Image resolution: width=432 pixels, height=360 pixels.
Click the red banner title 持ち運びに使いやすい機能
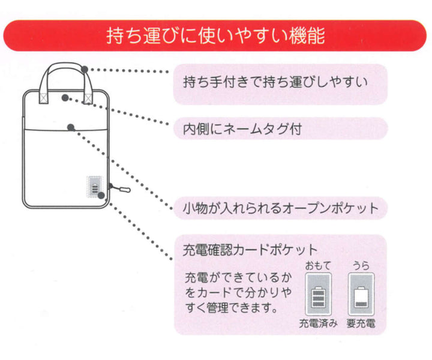tap(215, 35)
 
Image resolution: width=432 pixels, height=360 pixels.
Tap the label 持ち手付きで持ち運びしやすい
tap(274, 81)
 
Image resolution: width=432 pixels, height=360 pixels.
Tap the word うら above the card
tap(361, 265)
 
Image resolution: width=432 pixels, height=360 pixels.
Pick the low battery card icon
tap(361, 295)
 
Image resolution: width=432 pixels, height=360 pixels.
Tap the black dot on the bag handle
tap(85, 69)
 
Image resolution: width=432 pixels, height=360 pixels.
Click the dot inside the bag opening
tap(64, 97)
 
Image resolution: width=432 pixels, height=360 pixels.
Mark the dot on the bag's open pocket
tap(71, 127)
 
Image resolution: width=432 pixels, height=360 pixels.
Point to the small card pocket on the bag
tap(94, 188)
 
